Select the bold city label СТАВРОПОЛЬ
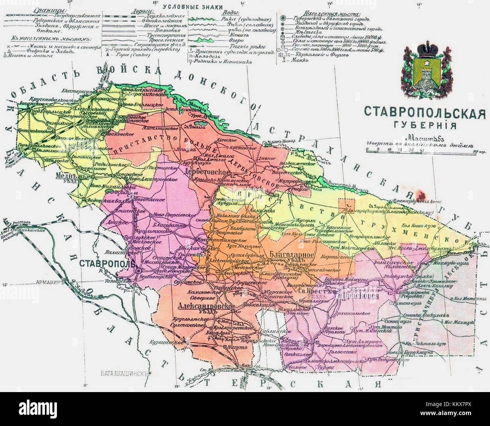[x=107, y=262]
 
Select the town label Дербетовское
[x=207, y=172]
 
